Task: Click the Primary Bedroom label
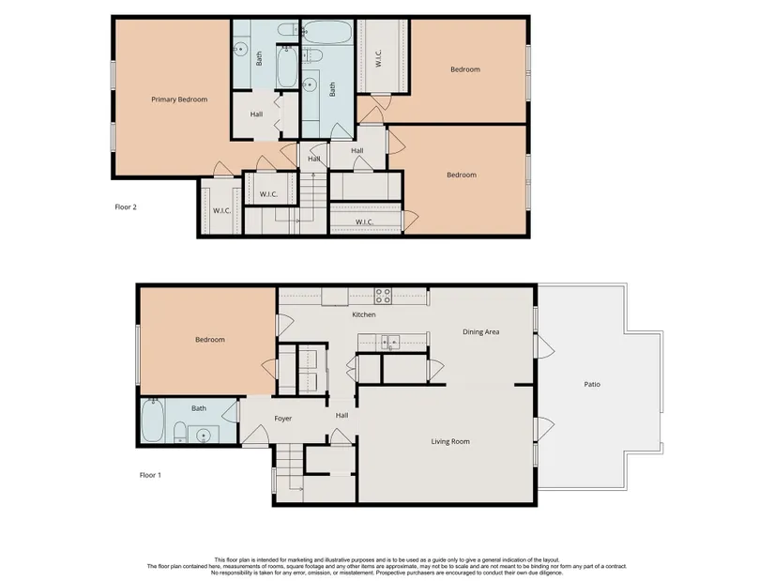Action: point(179,99)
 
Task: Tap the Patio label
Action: point(592,384)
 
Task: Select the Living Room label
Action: point(450,442)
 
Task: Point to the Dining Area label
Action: point(480,332)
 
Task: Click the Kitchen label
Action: point(364,314)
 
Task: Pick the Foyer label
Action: point(282,419)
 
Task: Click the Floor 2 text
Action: point(126,207)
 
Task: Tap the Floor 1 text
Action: point(150,475)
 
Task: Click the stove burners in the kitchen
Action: point(383,296)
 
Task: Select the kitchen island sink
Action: point(388,342)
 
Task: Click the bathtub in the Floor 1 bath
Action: point(153,420)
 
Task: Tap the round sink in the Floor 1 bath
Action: point(204,436)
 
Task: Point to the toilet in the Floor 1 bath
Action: point(180,432)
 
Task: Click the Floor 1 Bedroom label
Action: point(210,340)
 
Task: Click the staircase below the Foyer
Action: point(289,466)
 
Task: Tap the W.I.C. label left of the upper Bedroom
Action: point(379,58)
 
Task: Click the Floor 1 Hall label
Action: point(341,416)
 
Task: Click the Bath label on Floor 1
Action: point(199,408)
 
